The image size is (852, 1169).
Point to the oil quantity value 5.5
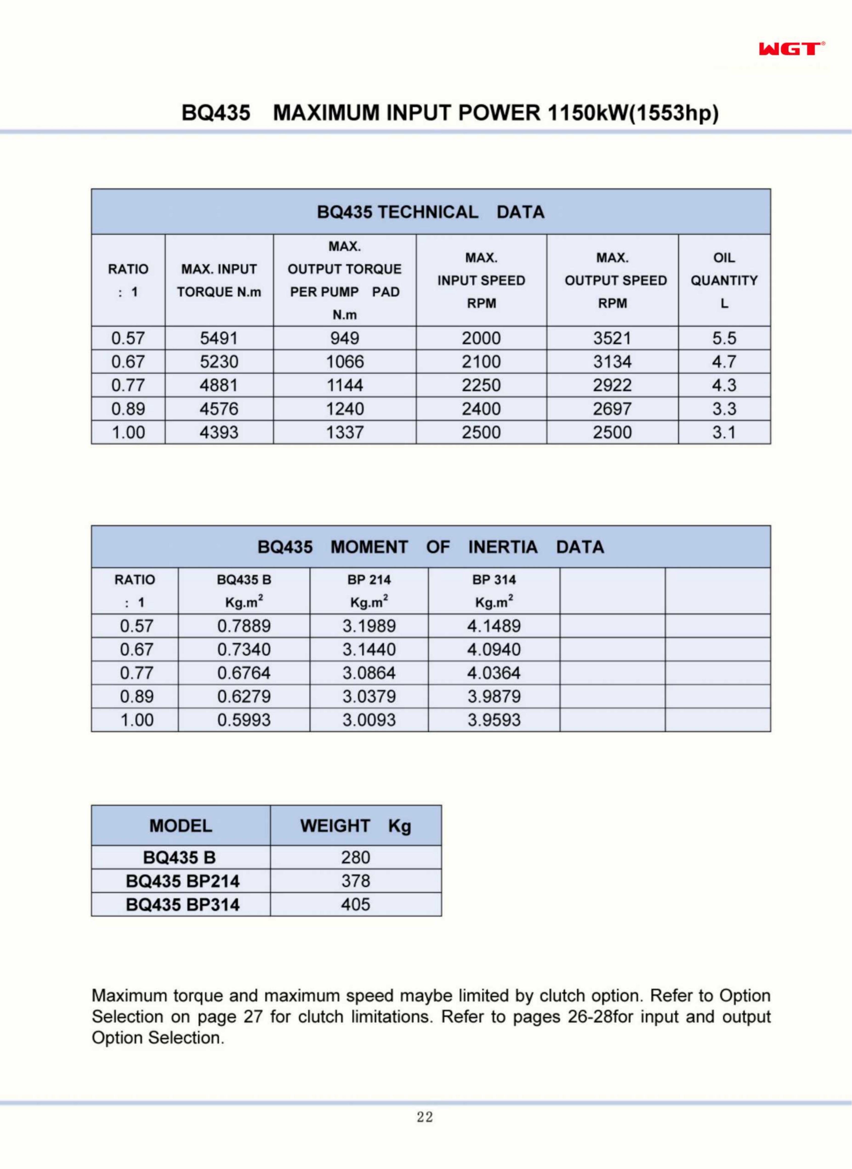point(724,338)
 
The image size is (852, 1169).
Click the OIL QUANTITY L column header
point(724,280)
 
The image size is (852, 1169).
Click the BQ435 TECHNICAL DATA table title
point(431,212)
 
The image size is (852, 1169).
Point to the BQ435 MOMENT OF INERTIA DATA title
point(431,547)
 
